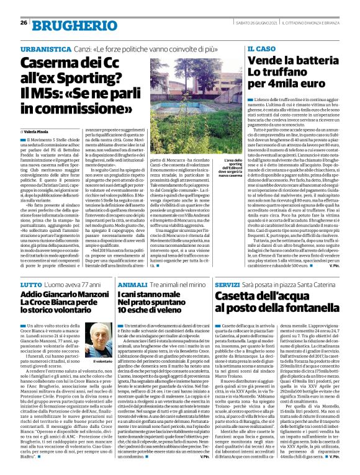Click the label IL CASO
tap(261, 48)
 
